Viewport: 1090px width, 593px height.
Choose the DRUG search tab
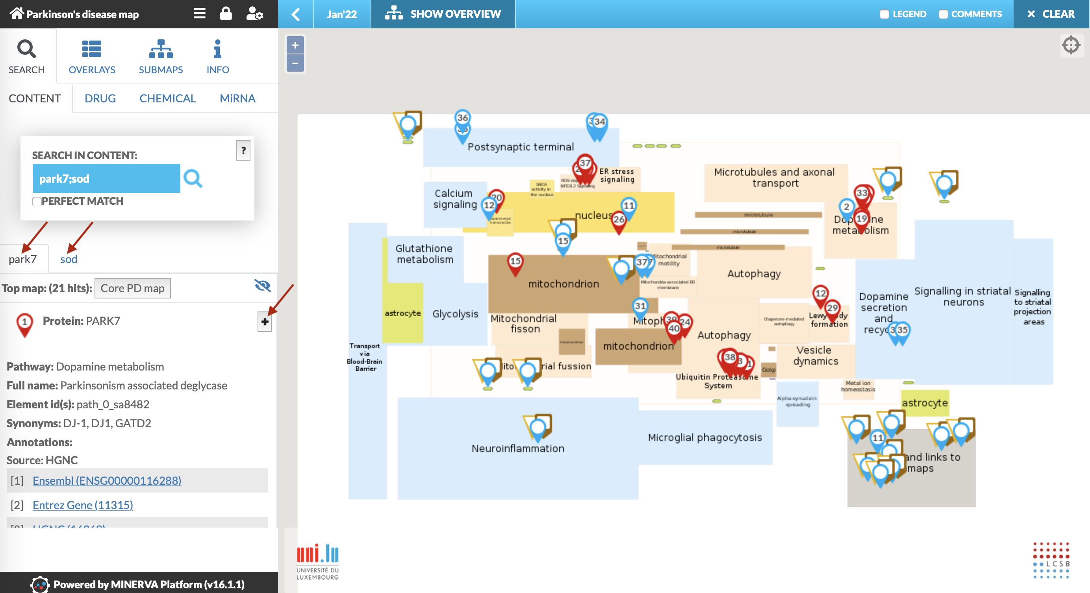tap(100, 98)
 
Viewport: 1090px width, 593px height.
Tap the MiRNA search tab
tap(237, 98)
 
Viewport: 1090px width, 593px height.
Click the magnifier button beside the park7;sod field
tap(193, 178)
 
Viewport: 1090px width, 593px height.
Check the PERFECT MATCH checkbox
tap(37, 201)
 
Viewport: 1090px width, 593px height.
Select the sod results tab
tap(69, 259)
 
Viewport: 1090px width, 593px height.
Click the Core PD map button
tap(132, 289)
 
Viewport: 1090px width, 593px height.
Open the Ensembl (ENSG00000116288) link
tap(107, 481)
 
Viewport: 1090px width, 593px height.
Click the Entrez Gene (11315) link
tap(83, 505)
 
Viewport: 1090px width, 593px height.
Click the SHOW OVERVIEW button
tap(443, 14)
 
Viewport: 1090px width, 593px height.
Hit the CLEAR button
tap(1051, 14)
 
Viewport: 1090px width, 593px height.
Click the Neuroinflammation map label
tap(518, 449)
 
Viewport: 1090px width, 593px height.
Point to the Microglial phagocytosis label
tap(705, 438)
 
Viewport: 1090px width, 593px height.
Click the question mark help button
tap(243, 150)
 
